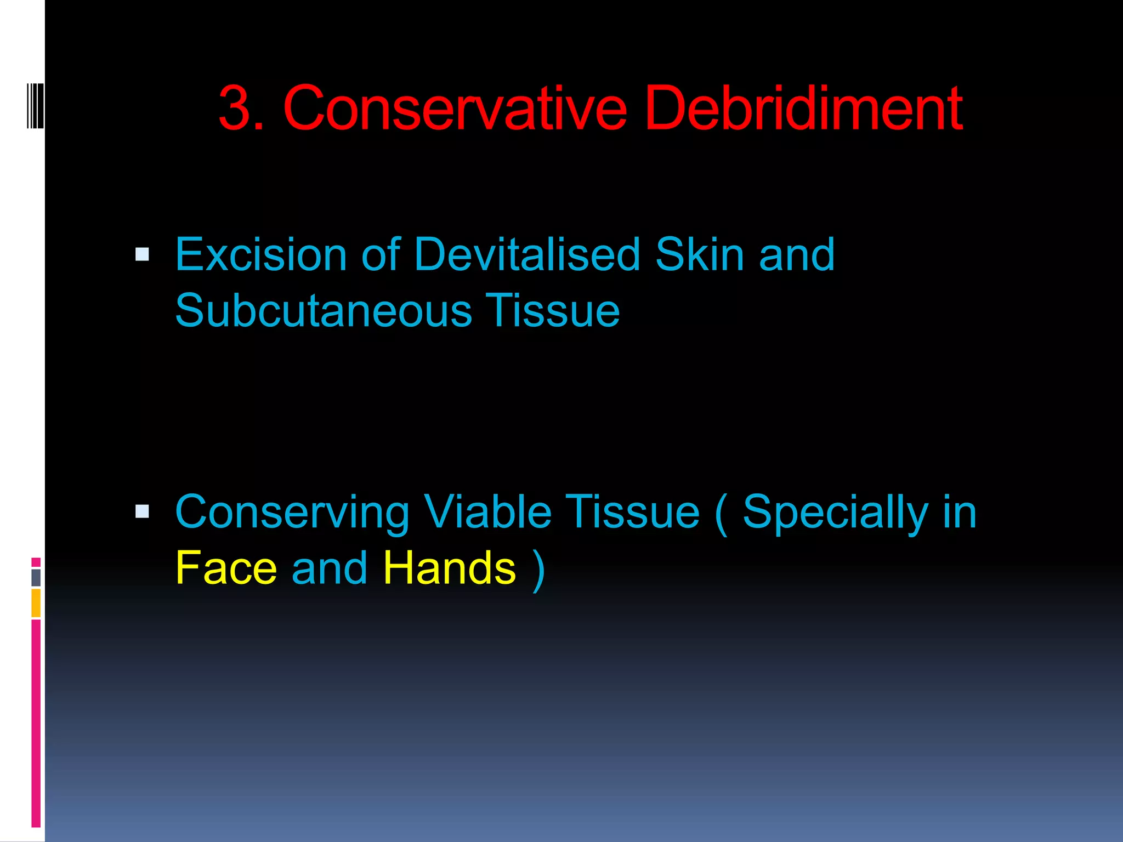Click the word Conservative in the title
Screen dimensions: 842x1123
[455, 108]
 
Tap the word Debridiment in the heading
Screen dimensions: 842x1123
[803, 108]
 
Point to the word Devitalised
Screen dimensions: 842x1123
[527, 254]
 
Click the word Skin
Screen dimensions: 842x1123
[700, 254]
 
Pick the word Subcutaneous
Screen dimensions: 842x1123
[324, 310]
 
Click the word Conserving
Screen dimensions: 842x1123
[292, 513]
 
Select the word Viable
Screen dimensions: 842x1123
[487, 512]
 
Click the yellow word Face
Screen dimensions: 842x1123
[226, 568]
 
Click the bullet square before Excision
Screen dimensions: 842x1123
[142, 255]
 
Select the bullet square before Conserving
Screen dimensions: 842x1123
[142, 512]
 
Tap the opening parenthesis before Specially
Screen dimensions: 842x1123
[722, 513]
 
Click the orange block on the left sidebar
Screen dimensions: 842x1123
[36, 602]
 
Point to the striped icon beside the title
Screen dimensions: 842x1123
[35, 105]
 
